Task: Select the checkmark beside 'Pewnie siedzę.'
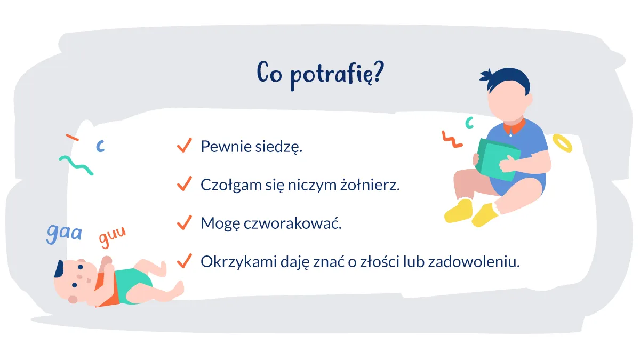point(184,146)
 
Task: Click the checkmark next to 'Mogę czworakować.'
point(184,222)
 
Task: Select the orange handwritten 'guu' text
point(113,238)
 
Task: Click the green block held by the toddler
point(496,158)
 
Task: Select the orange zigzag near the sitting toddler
point(452,139)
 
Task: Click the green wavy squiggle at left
point(76,165)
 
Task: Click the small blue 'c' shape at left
point(100,145)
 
